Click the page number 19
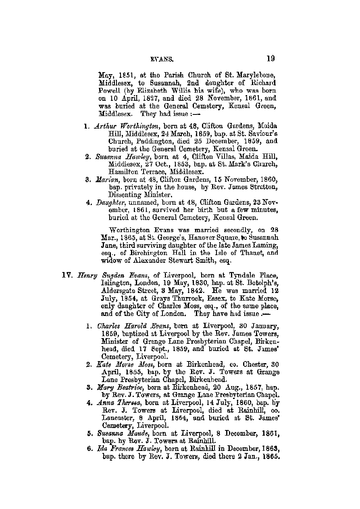click(270, 59)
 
